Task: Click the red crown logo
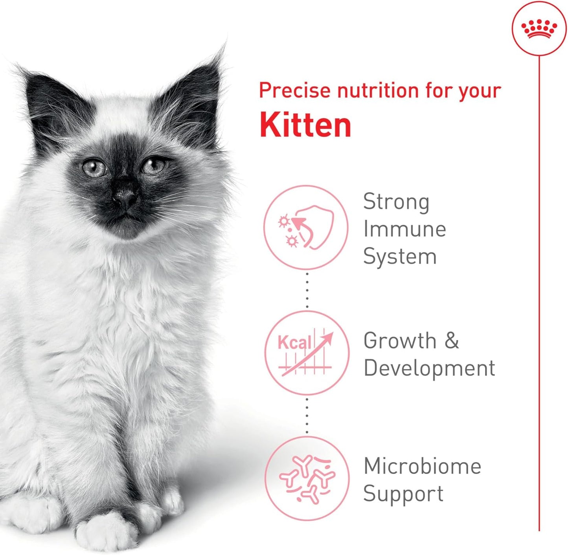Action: [x=539, y=29]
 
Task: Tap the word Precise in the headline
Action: [x=294, y=91]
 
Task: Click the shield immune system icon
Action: [x=306, y=228]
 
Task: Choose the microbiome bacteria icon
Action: [x=307, y=478]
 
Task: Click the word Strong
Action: [x=396, y=202]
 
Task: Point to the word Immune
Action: [x=404, y=229]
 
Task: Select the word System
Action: [x=400, y=257]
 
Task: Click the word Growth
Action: [x=400, y=340]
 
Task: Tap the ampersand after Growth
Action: [x=452, y=340]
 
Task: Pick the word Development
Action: [x=429, y=368]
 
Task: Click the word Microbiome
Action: [x=422, y=466]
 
